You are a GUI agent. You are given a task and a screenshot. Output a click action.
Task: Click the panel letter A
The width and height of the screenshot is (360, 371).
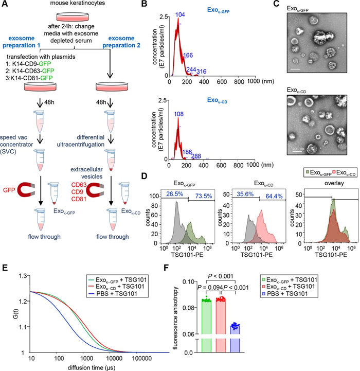tap(6, 6)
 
